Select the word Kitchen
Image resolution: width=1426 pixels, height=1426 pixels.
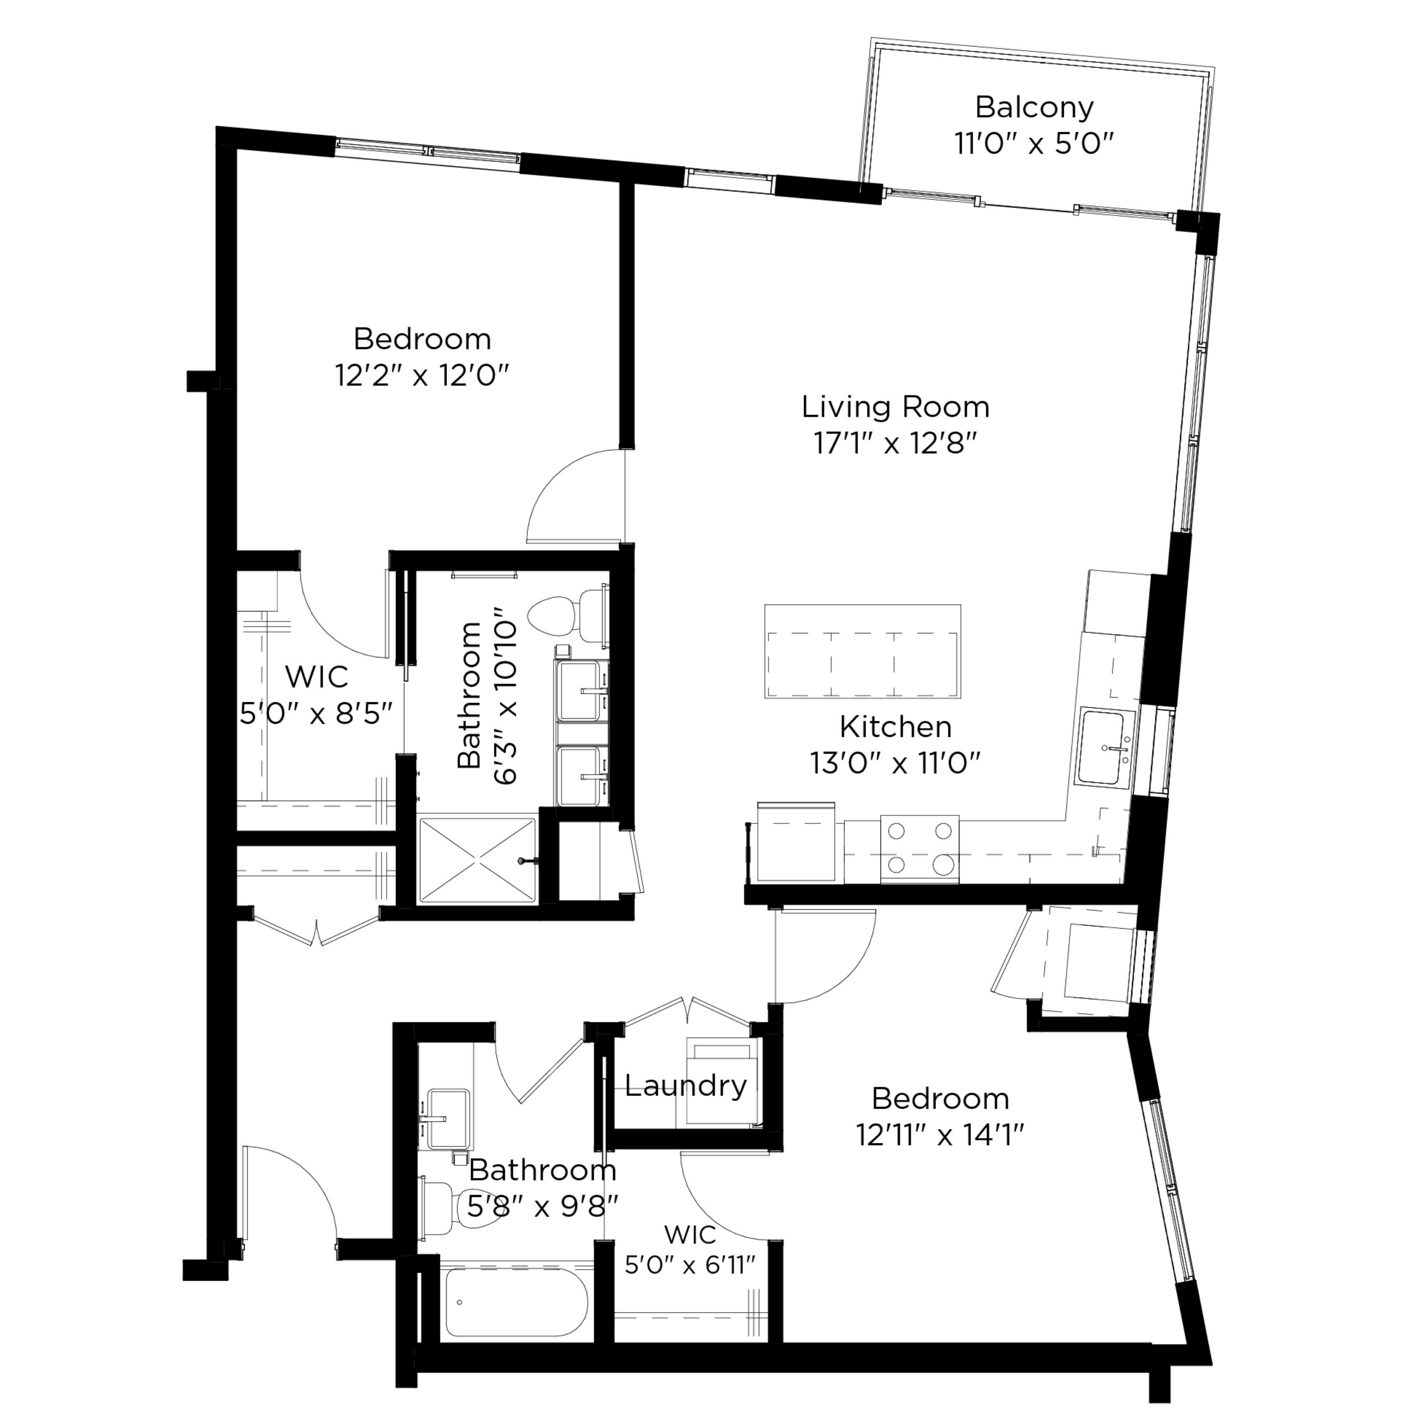coord(895,727)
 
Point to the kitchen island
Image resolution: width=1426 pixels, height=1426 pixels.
coord(862,651)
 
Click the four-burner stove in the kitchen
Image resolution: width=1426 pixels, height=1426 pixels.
coord(920,849)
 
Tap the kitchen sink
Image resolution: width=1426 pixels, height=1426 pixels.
coord(1101,748)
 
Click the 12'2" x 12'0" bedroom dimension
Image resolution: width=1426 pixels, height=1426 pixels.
coord(422,376)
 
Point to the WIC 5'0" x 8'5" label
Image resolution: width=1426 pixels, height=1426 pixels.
coord(316,695)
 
